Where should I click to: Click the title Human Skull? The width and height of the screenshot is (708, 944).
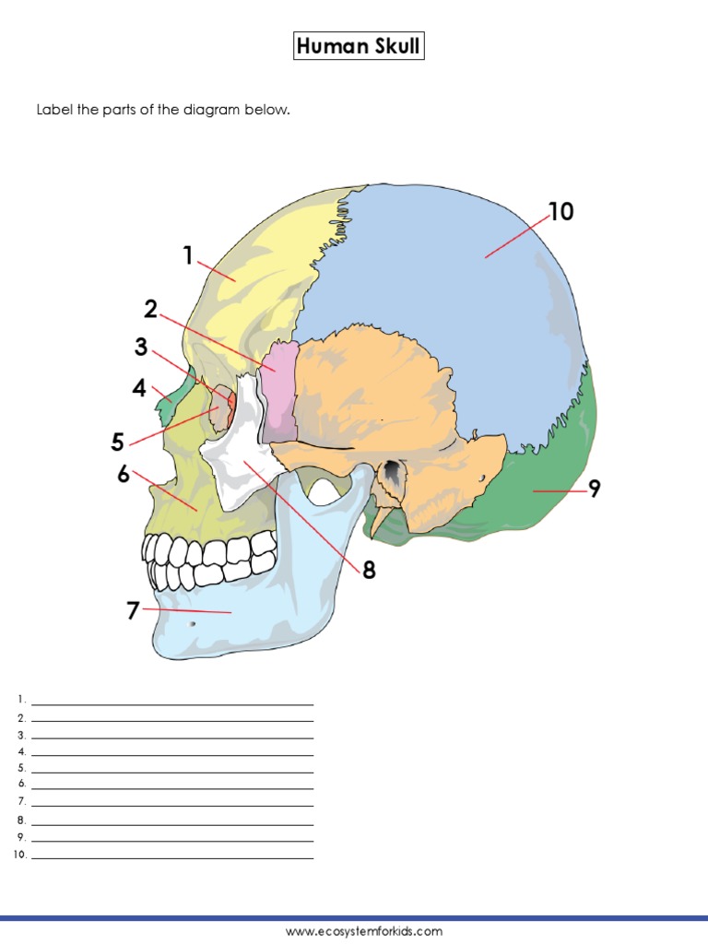pos(359,46)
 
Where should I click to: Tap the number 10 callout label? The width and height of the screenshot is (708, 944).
pos(560,212)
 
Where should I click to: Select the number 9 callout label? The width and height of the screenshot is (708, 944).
pos(595,489)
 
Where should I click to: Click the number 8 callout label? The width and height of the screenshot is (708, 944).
pos(369,571)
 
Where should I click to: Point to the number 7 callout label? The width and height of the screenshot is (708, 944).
pos(133,610)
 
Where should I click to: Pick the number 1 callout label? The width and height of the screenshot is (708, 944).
pos(188,255)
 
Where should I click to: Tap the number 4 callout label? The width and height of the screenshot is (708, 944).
pos(139,388)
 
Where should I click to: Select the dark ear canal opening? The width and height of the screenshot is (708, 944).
pos(394,473)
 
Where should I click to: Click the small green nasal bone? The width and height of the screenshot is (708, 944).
pos(170,402)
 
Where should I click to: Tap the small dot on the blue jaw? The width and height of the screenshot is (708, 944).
pos(192,624)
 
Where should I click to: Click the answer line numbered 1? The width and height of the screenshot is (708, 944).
pos(172,704)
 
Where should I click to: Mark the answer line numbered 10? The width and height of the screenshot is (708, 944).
pos(172,857)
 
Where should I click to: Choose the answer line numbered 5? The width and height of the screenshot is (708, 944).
pos(172,772)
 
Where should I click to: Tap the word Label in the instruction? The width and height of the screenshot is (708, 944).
pos(52,111)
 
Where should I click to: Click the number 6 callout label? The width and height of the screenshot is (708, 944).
pos(124,474)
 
